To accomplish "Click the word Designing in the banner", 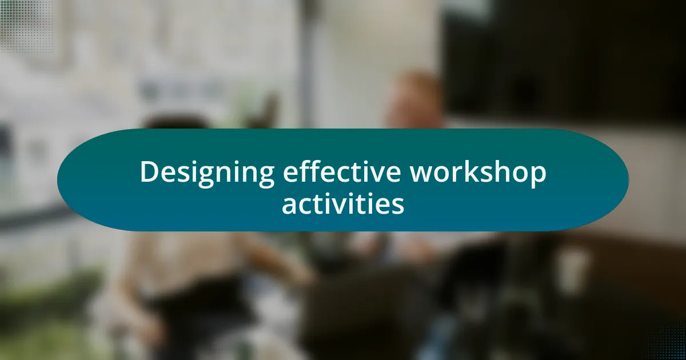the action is click(208, 173).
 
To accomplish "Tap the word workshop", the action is click(478, 173).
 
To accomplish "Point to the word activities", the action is click(343, 203).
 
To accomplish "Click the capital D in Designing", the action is click(150, 172).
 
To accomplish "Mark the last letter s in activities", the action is click(398, 206).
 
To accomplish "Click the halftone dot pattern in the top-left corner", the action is click(26, 26).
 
